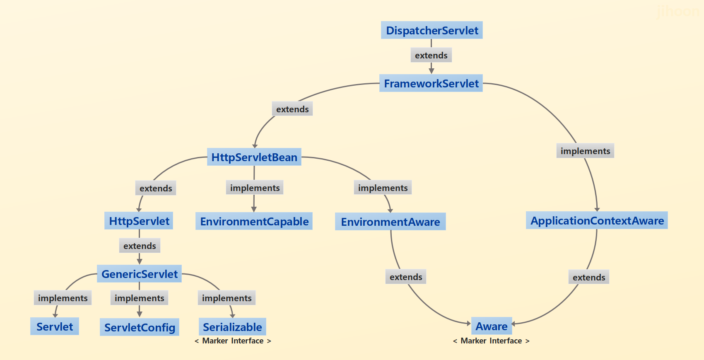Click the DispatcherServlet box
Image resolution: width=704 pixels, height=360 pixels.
432,30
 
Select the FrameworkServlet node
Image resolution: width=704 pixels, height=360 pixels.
431,83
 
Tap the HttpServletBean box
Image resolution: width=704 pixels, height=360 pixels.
254,157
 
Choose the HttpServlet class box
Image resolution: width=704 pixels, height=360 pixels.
139,221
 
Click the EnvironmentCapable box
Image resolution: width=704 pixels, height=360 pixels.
254,221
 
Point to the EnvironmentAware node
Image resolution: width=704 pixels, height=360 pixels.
390,222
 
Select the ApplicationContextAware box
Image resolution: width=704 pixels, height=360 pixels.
597,220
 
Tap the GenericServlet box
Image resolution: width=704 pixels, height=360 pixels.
139,274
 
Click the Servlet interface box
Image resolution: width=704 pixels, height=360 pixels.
54,326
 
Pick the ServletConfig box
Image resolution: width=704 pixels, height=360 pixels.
139,327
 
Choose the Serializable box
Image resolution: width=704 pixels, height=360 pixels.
232,327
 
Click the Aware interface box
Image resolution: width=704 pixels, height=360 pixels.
491,326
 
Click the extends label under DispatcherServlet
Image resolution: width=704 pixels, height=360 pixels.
431,55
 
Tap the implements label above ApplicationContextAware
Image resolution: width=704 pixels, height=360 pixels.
585,151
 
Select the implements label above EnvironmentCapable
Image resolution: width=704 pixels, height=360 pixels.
254,188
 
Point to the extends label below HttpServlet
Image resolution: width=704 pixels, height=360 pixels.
139,246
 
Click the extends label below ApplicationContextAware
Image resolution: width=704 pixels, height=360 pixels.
588,277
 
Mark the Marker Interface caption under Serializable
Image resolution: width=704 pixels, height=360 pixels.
233,341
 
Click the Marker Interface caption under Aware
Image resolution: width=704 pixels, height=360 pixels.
491,341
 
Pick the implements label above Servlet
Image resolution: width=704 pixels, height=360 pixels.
63,298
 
